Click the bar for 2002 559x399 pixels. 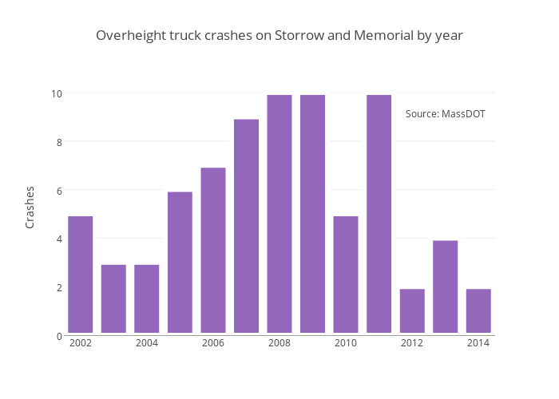coord(80,275)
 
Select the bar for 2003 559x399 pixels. coord(113,298)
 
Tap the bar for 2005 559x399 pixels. coord(180,263)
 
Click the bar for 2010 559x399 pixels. coord(346,275)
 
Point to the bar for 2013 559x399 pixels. coord(445,286)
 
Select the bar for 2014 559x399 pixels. coord(478,310)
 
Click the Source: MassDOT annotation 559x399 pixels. coord(445,114)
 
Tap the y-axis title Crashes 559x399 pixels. coord(30,207)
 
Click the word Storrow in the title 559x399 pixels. coord(298,36)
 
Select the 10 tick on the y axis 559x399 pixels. coord(57,93)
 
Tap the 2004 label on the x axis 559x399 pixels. coord(147,343)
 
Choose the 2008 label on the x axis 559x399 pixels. coord(279,343)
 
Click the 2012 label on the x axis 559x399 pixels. coord(412,343)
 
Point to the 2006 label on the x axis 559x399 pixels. coord(213,343)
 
